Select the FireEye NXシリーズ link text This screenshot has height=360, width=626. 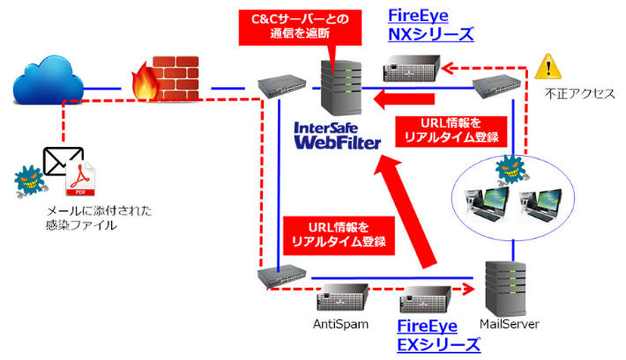430,26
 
